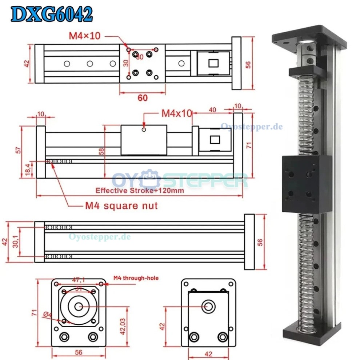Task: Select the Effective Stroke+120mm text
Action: click(140, 190)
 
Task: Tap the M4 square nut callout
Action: click(121, 206)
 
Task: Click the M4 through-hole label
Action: click(136, 278)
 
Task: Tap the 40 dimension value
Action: click(213, 109)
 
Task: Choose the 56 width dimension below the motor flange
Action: click(78, 352)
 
